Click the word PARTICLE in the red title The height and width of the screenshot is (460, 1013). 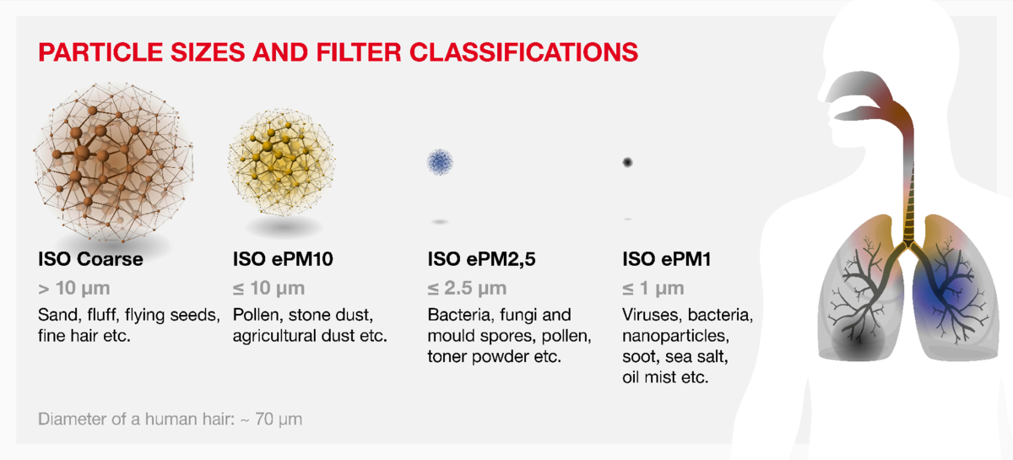(100, 52)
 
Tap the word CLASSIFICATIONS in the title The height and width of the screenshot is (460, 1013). (523, 52)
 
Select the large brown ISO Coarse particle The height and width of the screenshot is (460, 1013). (113, 162)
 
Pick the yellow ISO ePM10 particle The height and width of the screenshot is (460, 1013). (281, 162)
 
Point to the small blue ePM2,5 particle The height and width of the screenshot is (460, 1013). (440, 162)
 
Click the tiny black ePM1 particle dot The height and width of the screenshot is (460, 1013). (627, 162)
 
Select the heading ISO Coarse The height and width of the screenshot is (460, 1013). (90, 259)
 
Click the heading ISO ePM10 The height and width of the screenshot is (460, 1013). (283, 259)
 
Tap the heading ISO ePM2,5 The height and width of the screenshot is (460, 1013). (482, 260)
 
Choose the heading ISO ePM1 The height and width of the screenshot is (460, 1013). (667, 259)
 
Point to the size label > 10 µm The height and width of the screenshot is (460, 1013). (74, 289)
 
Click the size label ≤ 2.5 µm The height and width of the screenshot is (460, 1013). (467, 289)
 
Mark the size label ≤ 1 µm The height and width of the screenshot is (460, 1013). (653, 289)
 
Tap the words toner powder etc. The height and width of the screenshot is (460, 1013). (495, 356)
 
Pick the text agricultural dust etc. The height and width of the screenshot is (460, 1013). (310, 336)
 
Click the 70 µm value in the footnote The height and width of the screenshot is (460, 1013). (279, 419)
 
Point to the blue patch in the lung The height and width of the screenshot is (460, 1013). (936, 292)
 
